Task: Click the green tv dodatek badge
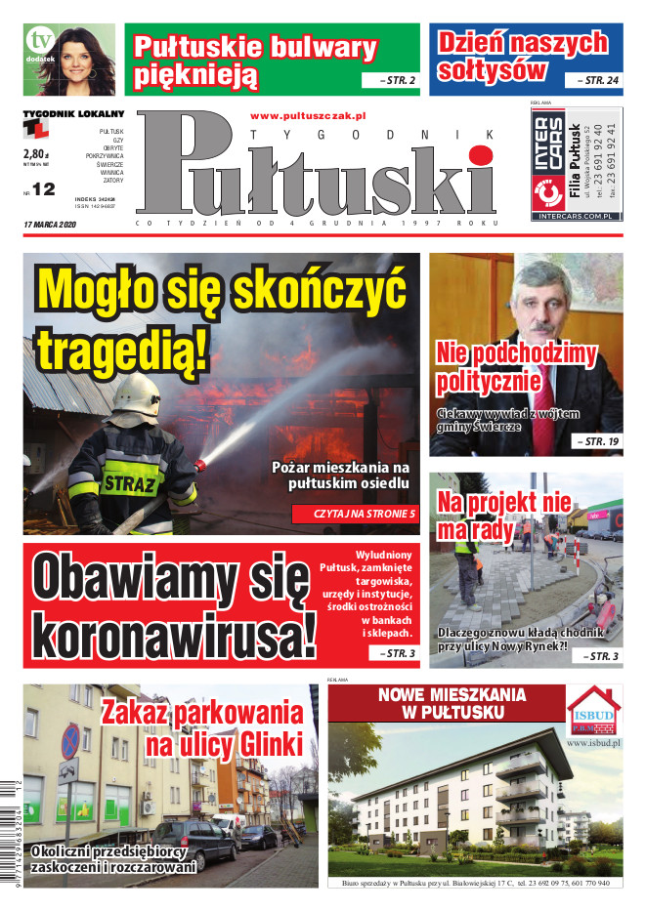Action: pos(39,43)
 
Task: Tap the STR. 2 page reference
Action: pos(391,80)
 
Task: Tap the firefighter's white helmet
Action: pos(136,394)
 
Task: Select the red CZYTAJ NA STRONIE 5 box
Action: pos(355,513)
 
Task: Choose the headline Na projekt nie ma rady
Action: pos(503,517)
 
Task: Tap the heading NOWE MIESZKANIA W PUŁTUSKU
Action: pos(452,703)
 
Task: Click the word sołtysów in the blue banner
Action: pos(493,69)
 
